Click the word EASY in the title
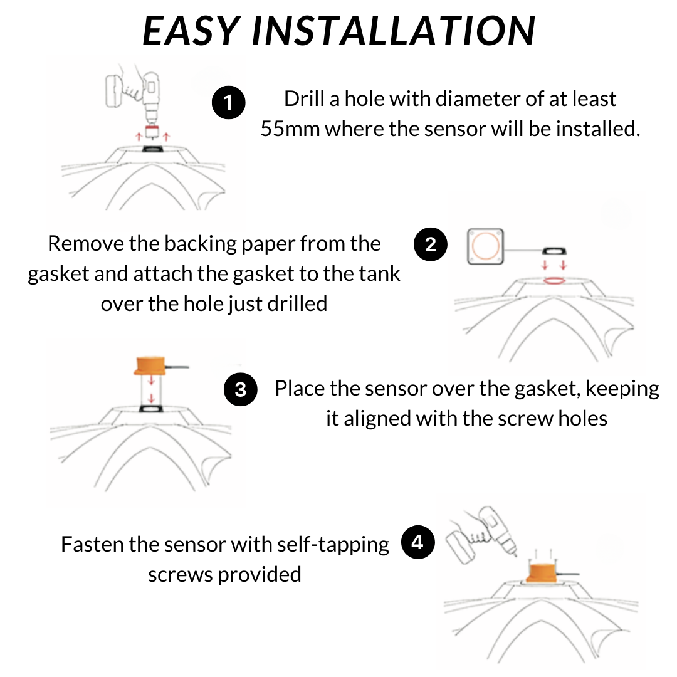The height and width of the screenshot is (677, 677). point(191,30)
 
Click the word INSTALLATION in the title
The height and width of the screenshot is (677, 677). point(394,30)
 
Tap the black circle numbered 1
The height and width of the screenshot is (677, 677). point(228,103)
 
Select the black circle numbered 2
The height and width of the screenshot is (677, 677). point(431,244)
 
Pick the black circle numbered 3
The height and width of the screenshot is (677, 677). point(241,390)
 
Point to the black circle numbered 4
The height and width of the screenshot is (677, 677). point(417,543)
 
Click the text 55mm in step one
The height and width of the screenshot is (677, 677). point(290,129)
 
